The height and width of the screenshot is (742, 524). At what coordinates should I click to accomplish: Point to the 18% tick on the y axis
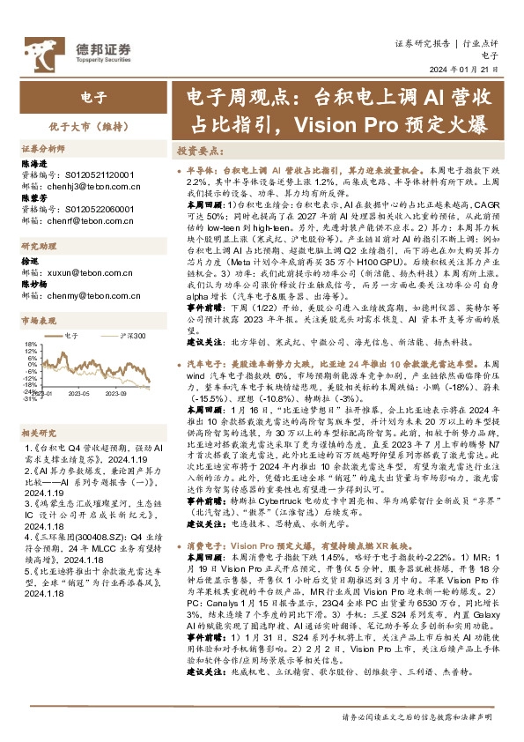coord(31,345)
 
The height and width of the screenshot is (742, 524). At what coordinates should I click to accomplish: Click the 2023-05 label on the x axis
coord(83,394)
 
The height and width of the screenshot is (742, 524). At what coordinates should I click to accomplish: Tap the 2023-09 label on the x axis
coord(117,394)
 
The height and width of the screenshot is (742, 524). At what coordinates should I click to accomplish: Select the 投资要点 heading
coord(200,151)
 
